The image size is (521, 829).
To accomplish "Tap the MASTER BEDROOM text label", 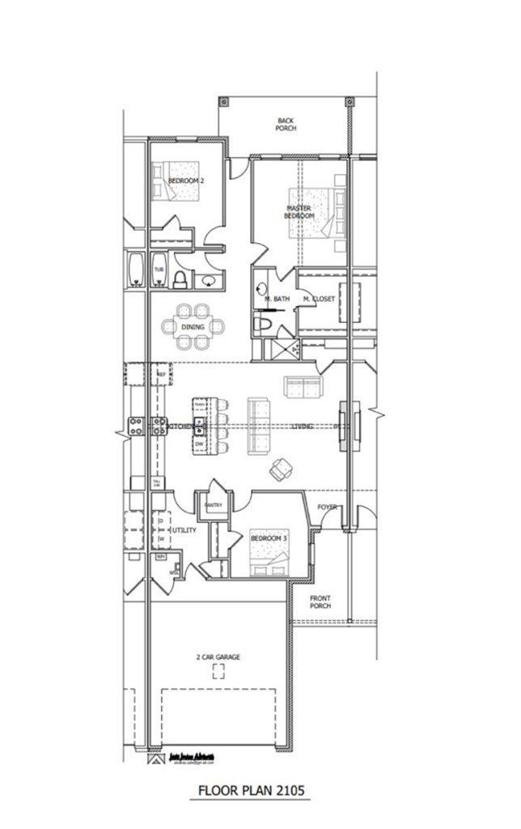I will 299,212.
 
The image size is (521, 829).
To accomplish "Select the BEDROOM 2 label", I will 185,181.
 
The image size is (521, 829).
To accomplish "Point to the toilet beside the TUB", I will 180,280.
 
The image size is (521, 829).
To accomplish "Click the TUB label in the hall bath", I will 159,269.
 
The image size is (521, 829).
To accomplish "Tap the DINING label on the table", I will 193,327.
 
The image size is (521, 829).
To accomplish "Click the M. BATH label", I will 277,300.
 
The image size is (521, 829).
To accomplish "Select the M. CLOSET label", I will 319,300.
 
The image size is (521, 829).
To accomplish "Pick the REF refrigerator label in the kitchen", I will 161,375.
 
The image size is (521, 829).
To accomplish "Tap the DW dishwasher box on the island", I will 198,444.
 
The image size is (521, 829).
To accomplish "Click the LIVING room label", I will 303,426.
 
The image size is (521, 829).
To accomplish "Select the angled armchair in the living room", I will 282,468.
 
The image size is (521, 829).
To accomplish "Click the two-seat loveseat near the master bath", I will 302,388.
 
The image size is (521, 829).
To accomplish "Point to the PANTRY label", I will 214,506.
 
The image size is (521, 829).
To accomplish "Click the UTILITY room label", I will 184,529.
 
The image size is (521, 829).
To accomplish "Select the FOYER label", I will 327,508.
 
